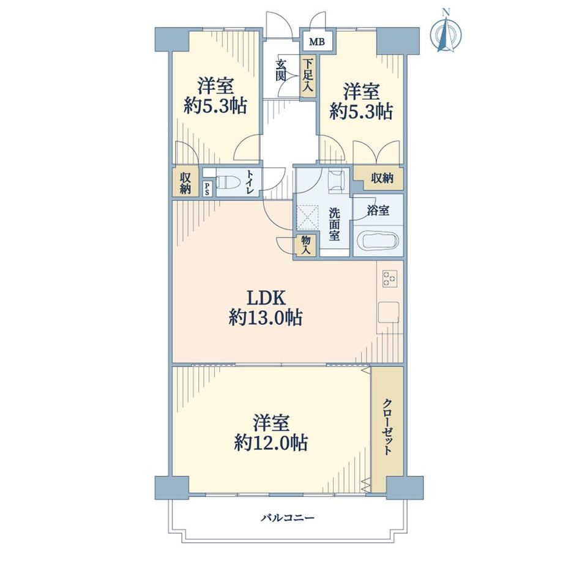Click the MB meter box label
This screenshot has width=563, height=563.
[x=317, y=42]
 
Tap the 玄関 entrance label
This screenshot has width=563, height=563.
[x=281, y=70]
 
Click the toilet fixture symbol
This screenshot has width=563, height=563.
[x=227, y=182]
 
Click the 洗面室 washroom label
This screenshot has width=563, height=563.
[x=334, y=225]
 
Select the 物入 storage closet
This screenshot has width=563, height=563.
[x=305, y=245]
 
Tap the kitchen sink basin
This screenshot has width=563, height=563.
[x=388, y=312]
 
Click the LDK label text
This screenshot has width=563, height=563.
[x=266, y=298]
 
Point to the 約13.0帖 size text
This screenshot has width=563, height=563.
[x=266, y=318]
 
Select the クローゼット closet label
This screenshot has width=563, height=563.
[x=387, y=427]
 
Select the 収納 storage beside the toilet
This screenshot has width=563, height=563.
[x=185, y=182]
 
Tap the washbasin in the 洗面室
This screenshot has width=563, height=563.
[x=337, y=181]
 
